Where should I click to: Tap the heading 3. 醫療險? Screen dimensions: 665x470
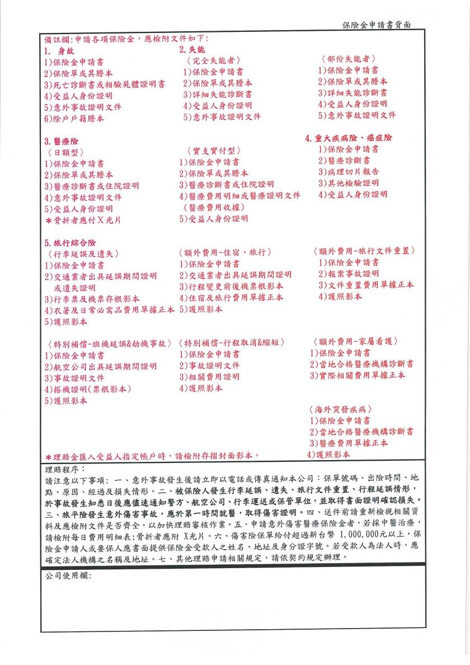[62, 141]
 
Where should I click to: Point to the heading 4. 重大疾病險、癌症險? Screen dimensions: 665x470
[349, 138]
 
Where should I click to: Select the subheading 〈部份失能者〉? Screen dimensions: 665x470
[348, 59]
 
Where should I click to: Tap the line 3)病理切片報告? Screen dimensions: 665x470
[349, 171]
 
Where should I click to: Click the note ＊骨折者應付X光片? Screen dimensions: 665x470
[81, 219]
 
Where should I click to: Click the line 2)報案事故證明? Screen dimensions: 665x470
[349, 273]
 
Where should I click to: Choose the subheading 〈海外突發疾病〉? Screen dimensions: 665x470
[340, 409]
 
